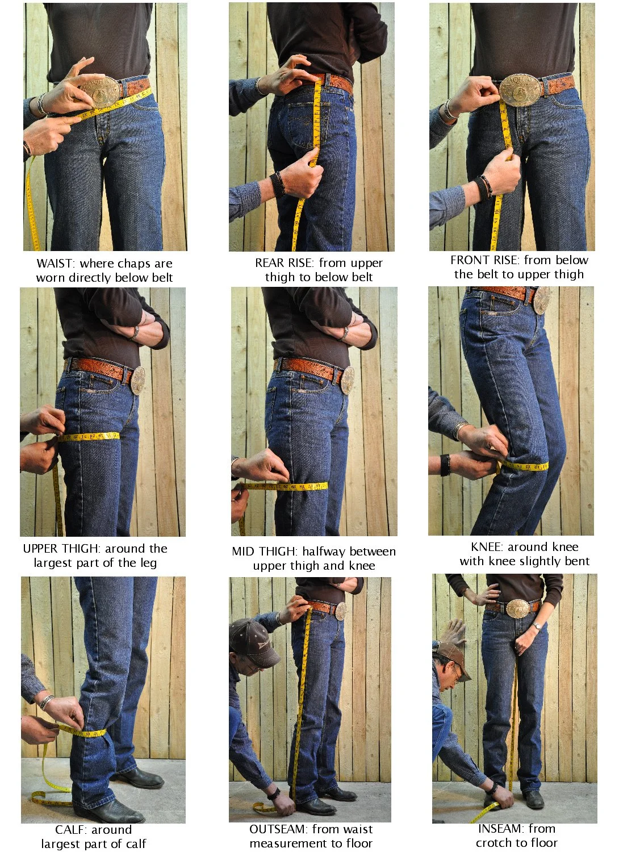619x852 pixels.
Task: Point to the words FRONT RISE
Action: pos(484,260)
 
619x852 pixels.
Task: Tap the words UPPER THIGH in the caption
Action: pos(61,549)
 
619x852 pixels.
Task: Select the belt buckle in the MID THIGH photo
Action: pos(347,380)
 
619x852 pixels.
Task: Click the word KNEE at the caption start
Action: pos(487,547)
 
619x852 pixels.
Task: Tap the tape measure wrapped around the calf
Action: pos(82,732)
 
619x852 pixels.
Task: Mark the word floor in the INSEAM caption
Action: pos(544,842)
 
